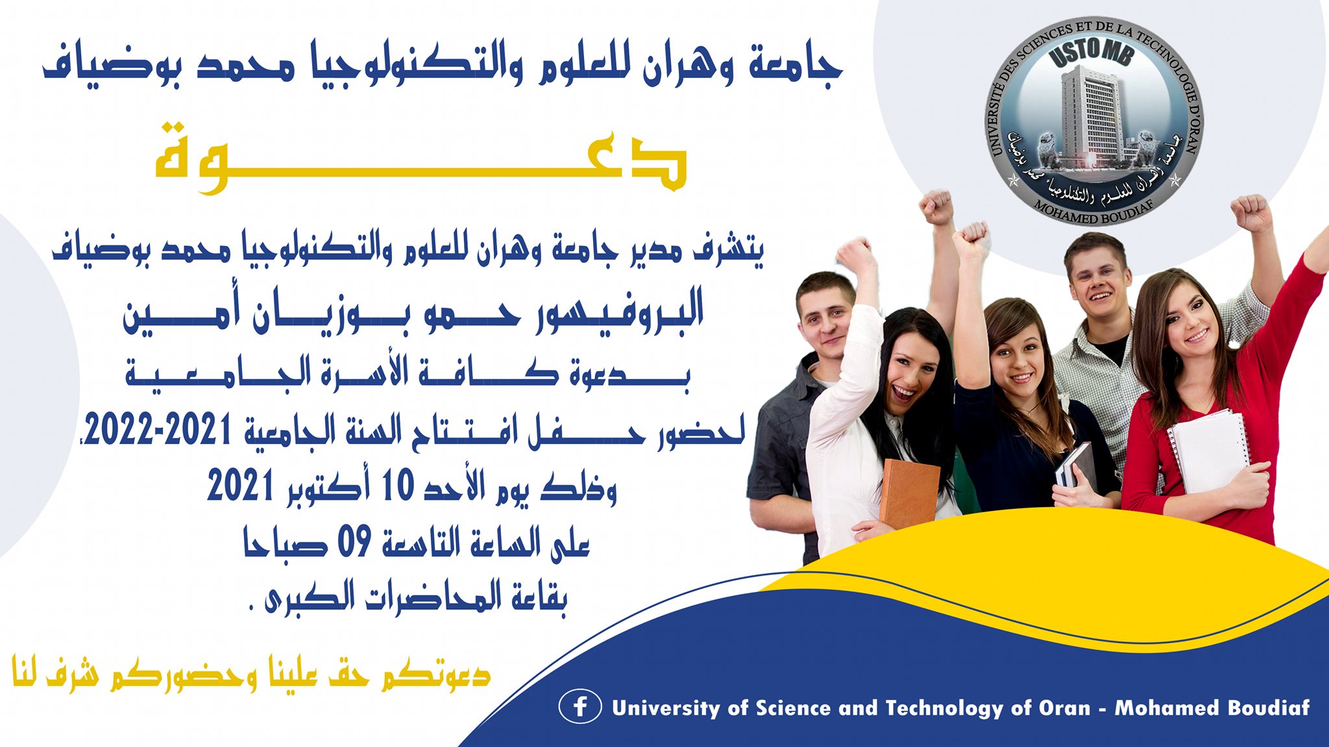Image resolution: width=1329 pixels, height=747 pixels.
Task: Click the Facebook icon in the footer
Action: pyautogui.click(x=579, y=706)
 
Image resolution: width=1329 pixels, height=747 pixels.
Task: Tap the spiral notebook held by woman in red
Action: pyautogui.click(x=1208, y=451)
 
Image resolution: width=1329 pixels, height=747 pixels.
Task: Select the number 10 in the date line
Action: pyautogui.click(x=398, y=485)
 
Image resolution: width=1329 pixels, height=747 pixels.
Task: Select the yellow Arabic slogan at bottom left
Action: pyautogui.click(x=251, y=672)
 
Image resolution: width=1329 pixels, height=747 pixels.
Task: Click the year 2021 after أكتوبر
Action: pyautogui.click(x=239, y=485)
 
